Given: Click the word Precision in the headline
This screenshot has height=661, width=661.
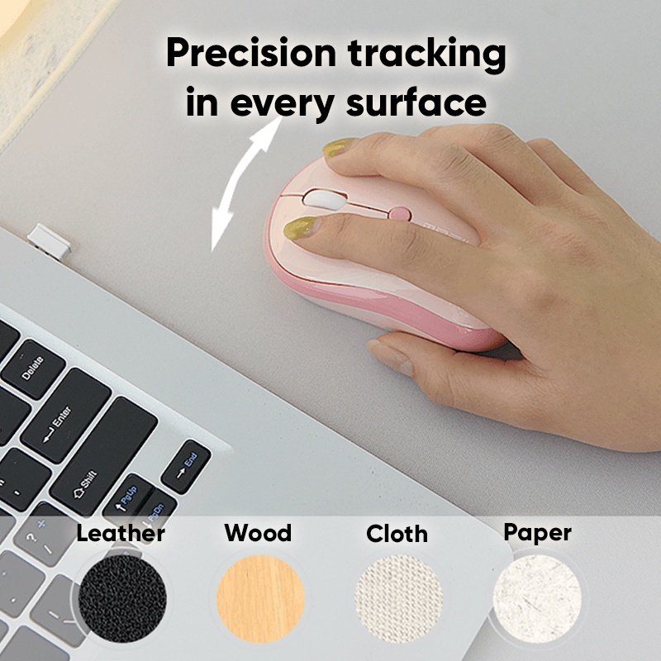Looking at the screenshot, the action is [x=252, y=54].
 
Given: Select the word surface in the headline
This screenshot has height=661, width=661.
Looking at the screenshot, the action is [x=416, y=102].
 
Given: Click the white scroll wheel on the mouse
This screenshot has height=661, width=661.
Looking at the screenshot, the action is [x=324, y=199].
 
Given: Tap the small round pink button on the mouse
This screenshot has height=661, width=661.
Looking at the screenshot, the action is [x=399, y=213].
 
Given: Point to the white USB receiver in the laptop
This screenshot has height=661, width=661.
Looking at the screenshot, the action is [x=49, y=240].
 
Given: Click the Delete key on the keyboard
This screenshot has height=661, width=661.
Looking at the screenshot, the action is [x=33, y=369].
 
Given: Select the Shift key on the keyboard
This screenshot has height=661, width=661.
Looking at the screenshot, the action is [x=103, y=456].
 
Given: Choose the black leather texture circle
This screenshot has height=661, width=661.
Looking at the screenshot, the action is [x=122, y=598].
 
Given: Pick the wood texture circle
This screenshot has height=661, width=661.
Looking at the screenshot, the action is [x=260, y=598].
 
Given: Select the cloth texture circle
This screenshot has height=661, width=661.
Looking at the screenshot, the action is [x=398, y=598].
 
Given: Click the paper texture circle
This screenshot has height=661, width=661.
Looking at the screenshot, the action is [x=537, y=598].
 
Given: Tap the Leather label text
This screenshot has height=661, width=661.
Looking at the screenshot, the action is [x=121, y=533].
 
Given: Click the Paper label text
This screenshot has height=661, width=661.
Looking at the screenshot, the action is [x=538, y=533].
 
